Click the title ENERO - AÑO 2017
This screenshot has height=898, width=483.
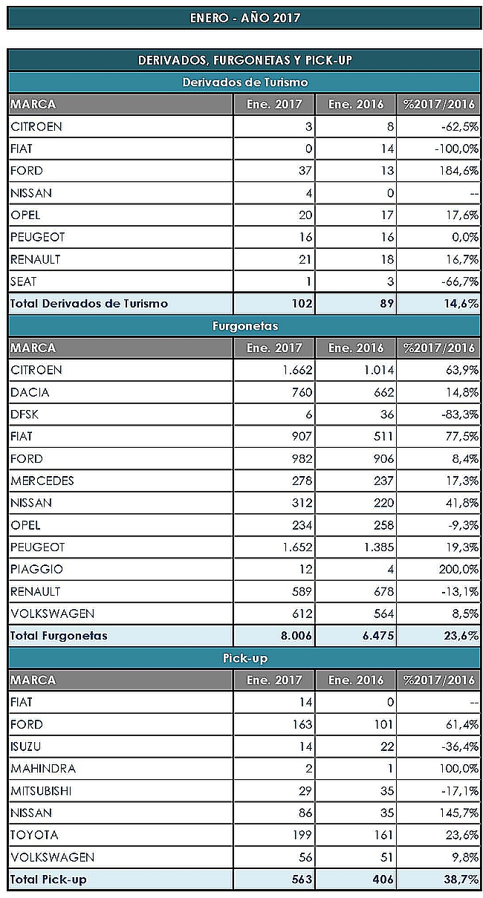[x=244, y=18]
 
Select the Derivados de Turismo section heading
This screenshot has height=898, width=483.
[x=245, y=82]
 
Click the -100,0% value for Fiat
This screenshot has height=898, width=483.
[x=457, y=149]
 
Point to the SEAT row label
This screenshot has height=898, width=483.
[x=23, y=282]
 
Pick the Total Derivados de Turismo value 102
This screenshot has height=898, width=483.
[x=302, y=304]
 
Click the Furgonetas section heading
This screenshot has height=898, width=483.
[x=245, y=326]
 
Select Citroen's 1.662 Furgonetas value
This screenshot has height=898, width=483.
[x=297, y=370]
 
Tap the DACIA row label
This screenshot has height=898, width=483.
[x=30, y=392]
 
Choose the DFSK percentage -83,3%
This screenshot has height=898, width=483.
[x=460, y=414]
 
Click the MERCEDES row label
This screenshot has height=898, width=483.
[x=42, y=481]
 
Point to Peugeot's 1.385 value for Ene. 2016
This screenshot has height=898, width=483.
[x=379, y=547]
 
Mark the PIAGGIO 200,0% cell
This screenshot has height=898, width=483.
[x=458, y=569]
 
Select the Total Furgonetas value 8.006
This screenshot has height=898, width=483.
[x=296, y=636]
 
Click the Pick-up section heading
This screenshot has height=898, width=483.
[x=245, y=658]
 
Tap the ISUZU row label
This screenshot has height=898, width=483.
[x=26, y=746]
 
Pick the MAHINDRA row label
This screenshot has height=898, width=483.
[x=43, y=769]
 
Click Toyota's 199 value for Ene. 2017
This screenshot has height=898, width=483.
[x=302, y=835]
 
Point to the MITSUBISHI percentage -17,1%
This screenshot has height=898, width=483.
[x=460, y=791]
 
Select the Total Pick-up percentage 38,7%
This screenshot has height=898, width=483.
[x=461, y=879]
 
